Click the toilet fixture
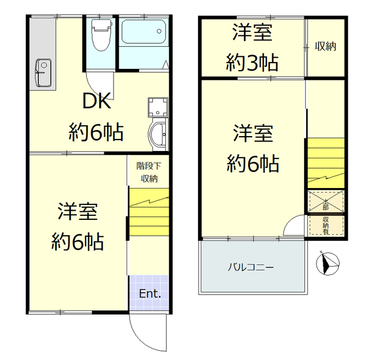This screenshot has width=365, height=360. coord(102,35)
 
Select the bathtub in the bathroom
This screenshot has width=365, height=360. coord(144,33)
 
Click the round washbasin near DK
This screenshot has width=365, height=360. coord(157,134)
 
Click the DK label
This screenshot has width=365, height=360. coord(96,101)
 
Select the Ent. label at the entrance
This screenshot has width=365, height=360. coord(150,294)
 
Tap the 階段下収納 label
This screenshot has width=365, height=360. coord(149,173)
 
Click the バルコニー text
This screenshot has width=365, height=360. coord(251,267)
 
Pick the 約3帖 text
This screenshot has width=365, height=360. coord(252,61)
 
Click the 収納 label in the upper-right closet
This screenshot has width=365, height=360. coord(326,47)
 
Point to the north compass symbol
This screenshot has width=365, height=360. coord(327,263)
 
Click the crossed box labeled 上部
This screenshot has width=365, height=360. coord(326,201)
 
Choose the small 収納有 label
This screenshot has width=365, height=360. coord(326,224)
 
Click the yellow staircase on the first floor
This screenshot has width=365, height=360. coord(148,214)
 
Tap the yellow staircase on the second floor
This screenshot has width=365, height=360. coord(326,162)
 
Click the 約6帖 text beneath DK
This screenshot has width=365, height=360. coord(96,133)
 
